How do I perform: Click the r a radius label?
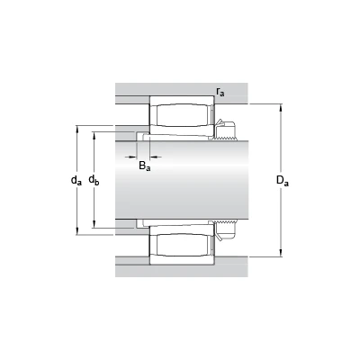[220, 92]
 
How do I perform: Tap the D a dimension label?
[283, 181]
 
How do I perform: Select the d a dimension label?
[76, 180]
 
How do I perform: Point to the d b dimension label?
[94, 180]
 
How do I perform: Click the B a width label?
[145, 166]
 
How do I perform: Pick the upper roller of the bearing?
[182, 115]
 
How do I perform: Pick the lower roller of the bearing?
[182, 245]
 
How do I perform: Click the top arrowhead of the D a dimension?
[281, 107]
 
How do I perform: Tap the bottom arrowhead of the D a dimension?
[281, 253]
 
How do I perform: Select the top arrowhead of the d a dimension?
[77, 129]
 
